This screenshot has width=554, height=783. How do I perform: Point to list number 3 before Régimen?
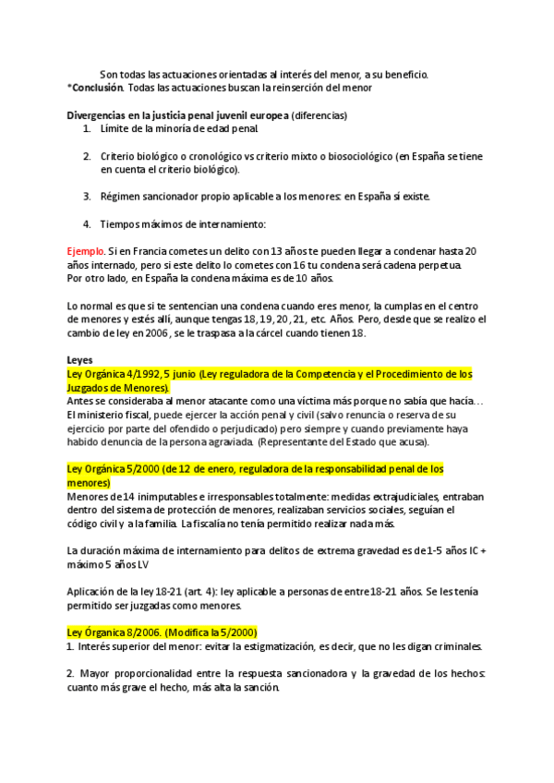click(87, 196)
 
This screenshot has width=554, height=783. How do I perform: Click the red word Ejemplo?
click(85, 251)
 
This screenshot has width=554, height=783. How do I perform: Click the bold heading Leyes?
click(80, 360)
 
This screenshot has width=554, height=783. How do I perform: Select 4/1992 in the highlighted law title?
click(138, 374)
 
